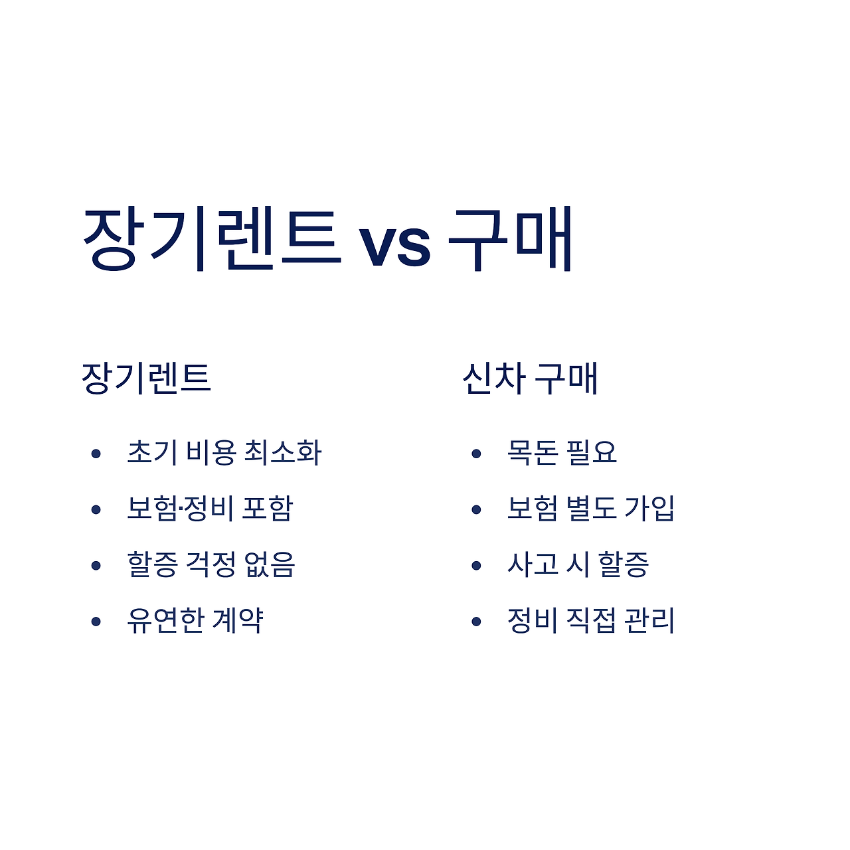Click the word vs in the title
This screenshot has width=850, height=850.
[x=394, y=243]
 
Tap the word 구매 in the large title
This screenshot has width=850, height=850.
[x=510, y=239]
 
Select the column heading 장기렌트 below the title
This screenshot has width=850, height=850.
[x=146, y=378]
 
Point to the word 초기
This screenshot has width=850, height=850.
[x=152, y=452]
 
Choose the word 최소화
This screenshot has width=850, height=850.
[x=283, y=452]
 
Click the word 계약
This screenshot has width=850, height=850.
[x=238, y=620]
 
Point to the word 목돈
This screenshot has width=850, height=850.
[x=532, y=452]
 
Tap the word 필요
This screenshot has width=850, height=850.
[x=592, y=452]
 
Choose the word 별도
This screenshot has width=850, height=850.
[x=591, y=508]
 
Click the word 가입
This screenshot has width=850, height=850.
[x=649, y=508]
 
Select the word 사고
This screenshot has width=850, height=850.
[x=532, y=564]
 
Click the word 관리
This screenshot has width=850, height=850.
[x=650, y=620]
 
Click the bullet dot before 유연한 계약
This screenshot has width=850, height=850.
[x=96, y=622]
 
